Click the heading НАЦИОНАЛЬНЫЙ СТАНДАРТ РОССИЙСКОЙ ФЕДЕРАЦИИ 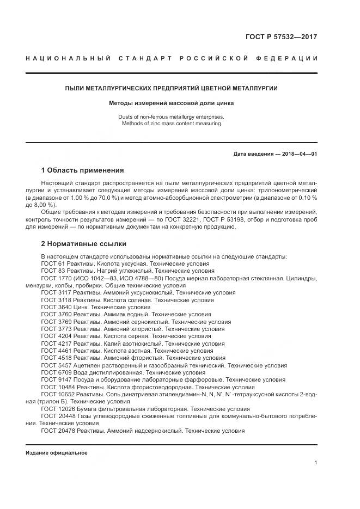pos(172,58)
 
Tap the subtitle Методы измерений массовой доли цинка pos(172,103)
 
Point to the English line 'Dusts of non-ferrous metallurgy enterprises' pos(172,117)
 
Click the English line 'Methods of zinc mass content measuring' pos(172,124)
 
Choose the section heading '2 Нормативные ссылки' pos(83,244)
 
